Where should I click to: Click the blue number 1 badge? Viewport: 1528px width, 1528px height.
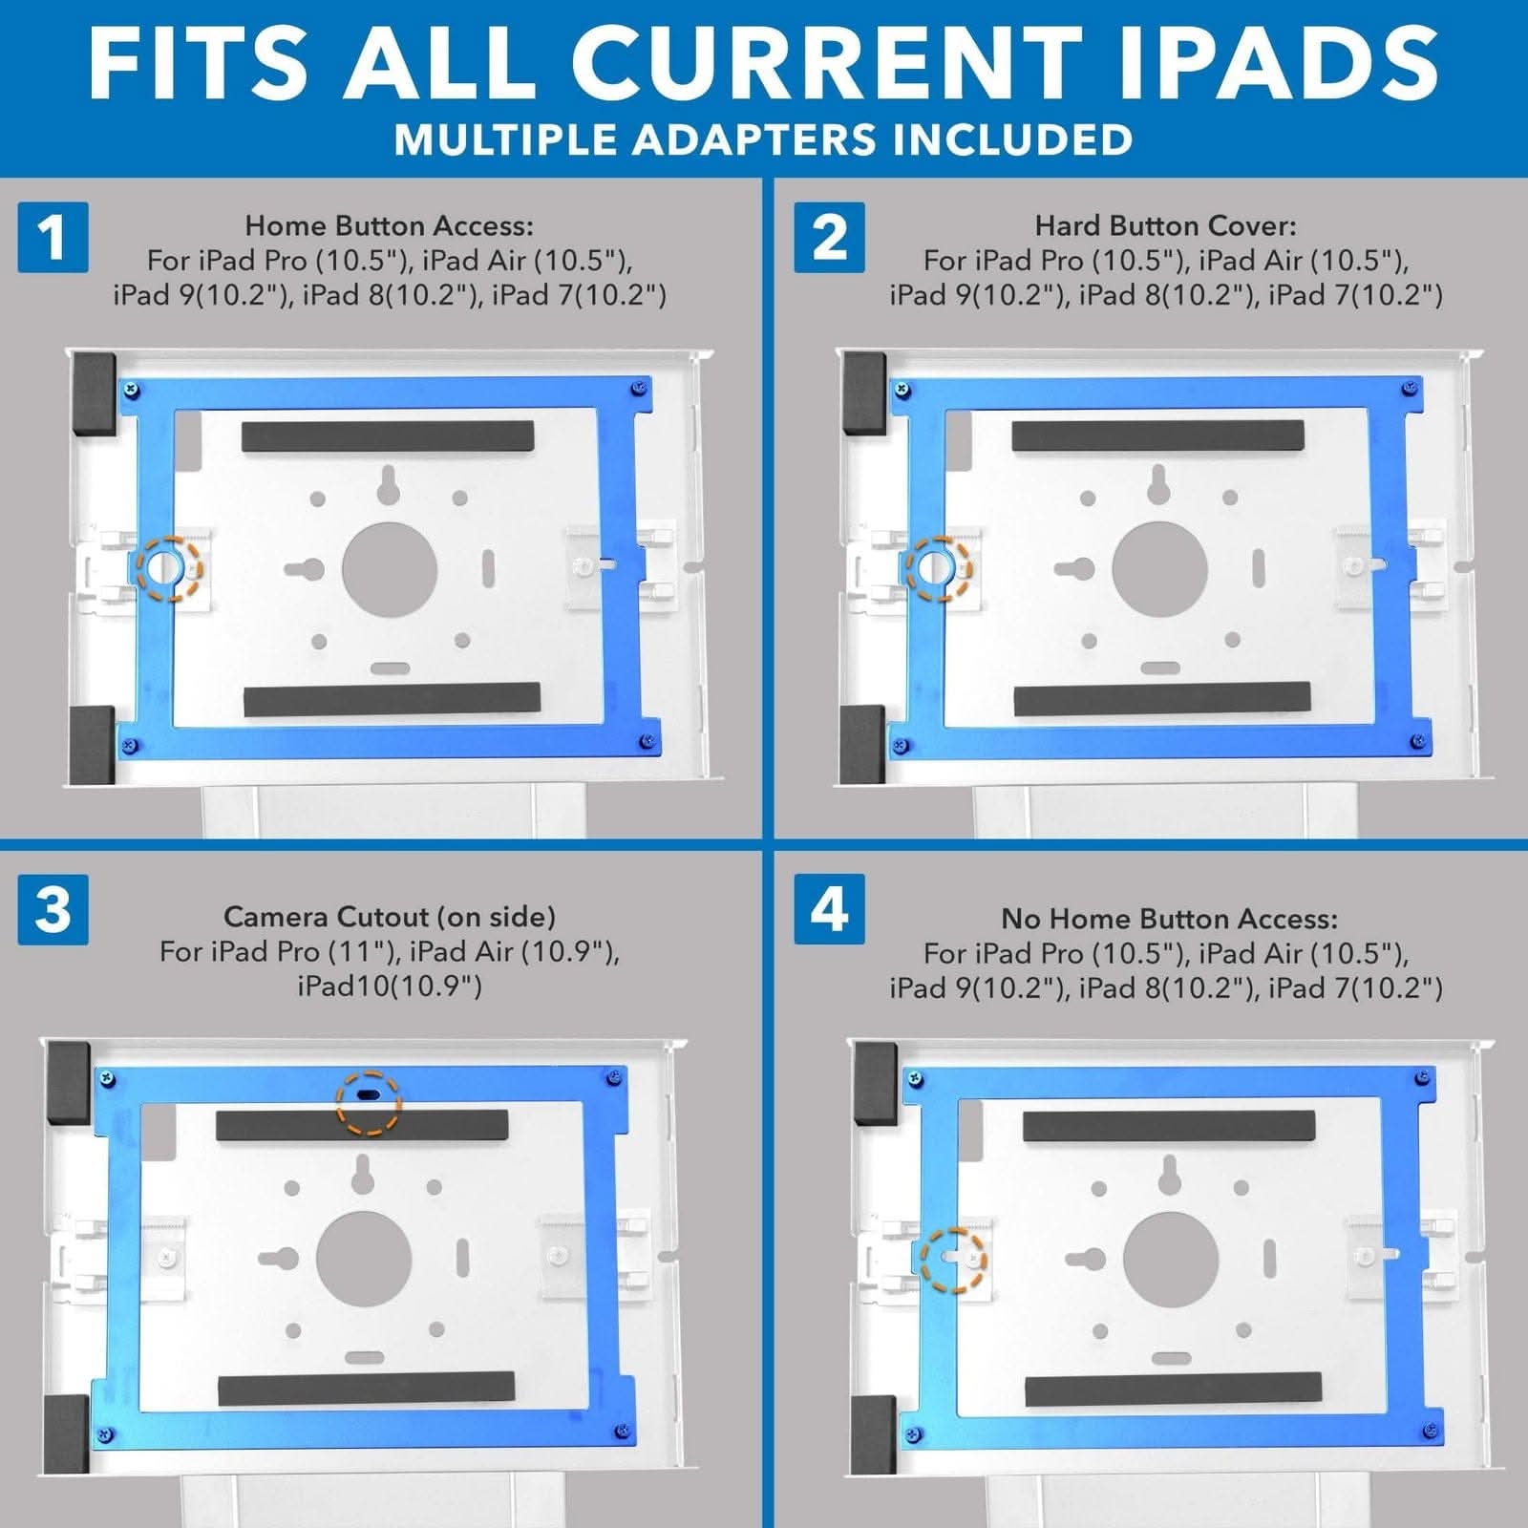53,237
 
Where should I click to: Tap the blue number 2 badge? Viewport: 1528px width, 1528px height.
829,237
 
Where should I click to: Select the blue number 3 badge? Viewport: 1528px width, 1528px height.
53,909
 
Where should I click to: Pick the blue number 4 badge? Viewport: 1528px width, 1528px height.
829,909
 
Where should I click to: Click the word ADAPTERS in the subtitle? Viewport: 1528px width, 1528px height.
755,139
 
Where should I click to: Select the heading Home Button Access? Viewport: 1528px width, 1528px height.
389,225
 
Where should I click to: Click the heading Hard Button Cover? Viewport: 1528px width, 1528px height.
1165,225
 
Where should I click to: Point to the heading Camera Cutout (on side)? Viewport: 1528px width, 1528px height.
389,917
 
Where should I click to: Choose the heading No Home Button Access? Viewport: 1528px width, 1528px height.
1169,919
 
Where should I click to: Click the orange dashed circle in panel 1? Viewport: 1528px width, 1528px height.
169,568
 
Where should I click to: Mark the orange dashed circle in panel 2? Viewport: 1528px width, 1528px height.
939,568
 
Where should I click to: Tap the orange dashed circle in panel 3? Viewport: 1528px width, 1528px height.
369,1101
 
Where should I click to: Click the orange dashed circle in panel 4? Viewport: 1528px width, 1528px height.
953,1261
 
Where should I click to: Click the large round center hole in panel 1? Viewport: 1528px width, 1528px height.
390,570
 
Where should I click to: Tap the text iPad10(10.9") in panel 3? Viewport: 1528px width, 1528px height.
389,986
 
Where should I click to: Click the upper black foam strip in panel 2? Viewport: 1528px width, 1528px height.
1157,435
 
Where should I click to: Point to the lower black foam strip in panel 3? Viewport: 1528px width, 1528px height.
366,1389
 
